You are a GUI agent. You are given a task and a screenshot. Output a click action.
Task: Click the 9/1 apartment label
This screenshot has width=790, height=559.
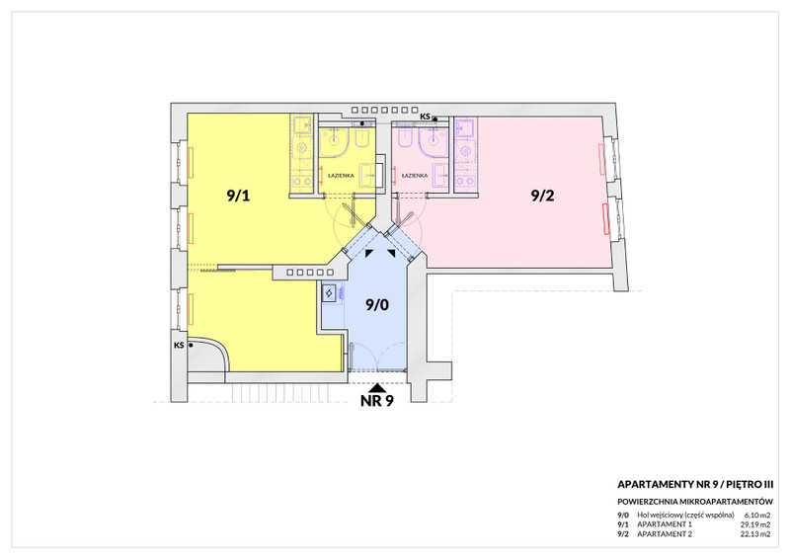pyautogui.click(x=238, y=196)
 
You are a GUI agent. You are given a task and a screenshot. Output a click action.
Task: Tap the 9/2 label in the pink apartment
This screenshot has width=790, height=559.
pyautogui.click(x=542, y=196)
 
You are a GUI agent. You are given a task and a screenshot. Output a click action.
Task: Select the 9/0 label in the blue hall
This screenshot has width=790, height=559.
pyautogui.click(x=377, y=304)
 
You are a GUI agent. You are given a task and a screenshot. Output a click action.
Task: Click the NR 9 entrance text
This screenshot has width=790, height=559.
pyautogui.click(x=377, y=401)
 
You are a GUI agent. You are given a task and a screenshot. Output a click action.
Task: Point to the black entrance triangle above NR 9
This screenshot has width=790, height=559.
pyautogui.click(x=377, y=388)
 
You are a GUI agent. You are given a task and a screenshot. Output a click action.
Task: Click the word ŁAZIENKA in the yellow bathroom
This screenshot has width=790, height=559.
pyautogui.click(x=341, y=176)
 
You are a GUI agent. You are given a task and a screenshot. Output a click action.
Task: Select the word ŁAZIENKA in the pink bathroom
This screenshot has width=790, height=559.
pyautogui.click(x=415, y=176)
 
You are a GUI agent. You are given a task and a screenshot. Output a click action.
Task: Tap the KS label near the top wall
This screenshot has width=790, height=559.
pyautogui.click(x=426, y=117)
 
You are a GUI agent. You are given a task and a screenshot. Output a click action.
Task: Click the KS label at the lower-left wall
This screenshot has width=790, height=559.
pyautogui.click(x=179, y=346)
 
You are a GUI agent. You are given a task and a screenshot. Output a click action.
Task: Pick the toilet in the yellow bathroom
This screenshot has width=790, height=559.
pyautogui.click(x=361, y=138)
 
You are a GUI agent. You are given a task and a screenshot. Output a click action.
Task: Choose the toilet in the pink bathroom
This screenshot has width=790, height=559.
pyautogui.click(x=405, y=137)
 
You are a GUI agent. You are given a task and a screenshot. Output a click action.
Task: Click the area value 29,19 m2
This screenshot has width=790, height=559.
pyautogui.click(x=754, y=524)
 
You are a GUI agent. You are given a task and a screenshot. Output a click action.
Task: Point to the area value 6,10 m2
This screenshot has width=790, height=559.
pyautogui.click(x=756, y=516)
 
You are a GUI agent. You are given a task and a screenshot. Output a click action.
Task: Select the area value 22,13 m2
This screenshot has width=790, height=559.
pyautogui.click(x=754, y=534)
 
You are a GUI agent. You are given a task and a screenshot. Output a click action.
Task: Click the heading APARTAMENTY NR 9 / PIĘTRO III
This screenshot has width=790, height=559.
pyautogui.click(x=695, y=484)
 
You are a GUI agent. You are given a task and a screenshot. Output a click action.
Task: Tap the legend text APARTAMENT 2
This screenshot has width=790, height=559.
pyautogui.click(x=665, y=534)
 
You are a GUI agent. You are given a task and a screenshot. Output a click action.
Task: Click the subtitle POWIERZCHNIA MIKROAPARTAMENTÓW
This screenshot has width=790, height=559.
pyautogui.click(x=695, y=502)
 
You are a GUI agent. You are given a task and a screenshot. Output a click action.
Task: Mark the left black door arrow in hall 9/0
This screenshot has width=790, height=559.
pyautogui.click(x=369, y=253)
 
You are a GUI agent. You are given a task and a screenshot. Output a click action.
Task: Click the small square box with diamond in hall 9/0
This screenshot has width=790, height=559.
pyautogui.click(x=329, y=292)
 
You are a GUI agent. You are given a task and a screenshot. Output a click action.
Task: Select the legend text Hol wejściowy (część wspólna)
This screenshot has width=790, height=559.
pyautogui.click(x=685, y=516)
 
